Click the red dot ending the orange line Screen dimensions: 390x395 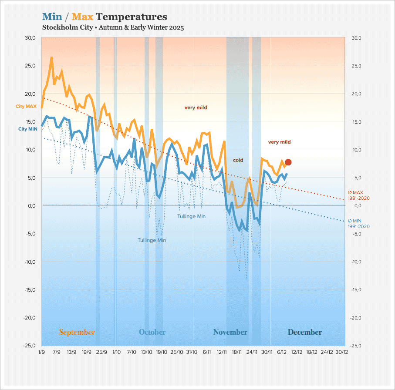[288, 162]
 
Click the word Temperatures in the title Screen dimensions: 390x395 [131, 17]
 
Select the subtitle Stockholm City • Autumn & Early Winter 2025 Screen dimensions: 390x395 [113, 28]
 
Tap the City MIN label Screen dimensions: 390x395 [27, 129]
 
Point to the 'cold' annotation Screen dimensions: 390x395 [238, 160]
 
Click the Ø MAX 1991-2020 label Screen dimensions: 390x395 [358, 195]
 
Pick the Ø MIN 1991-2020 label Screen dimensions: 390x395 [358, 223]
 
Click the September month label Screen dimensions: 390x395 [77, 332]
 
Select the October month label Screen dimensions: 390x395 [152, 332]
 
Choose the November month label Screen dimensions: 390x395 [230, 332]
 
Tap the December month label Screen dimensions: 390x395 [304, 332]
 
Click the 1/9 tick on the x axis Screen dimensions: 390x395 [42, 351]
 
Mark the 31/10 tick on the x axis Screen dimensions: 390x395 [192, 351]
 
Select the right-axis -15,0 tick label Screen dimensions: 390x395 [357, 289]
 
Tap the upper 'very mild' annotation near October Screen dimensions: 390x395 [196, 107]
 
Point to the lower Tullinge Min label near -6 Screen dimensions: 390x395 [152, 240]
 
